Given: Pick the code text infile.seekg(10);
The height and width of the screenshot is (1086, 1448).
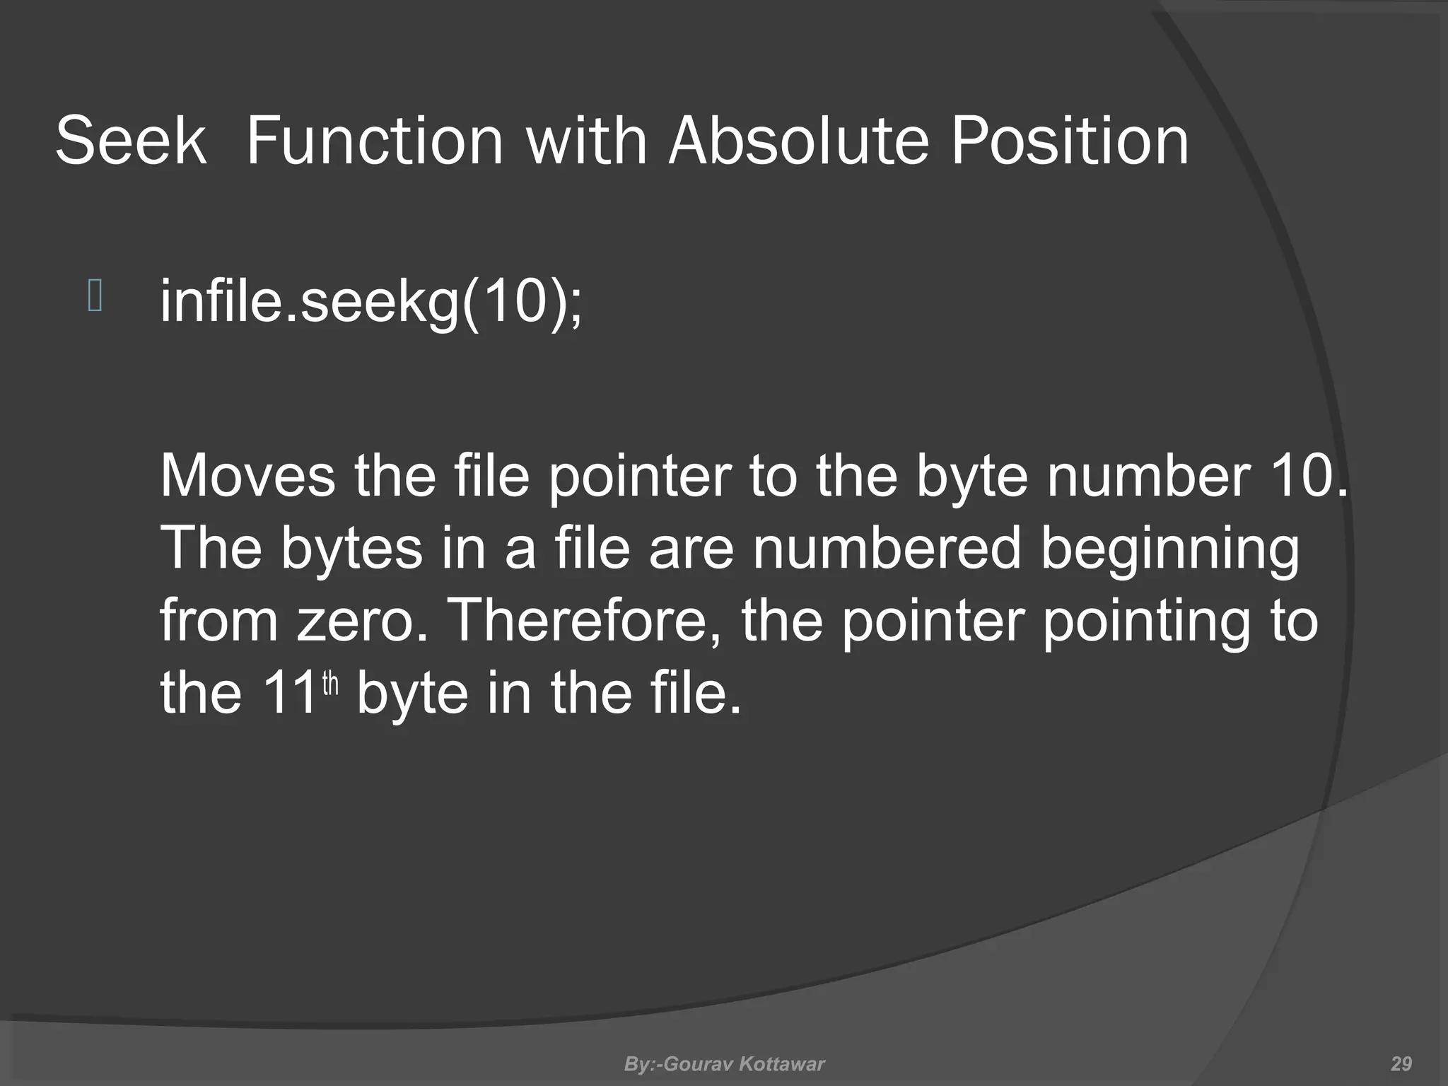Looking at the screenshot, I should click(372, 302).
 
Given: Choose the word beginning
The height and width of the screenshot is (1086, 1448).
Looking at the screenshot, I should click(1169, 550).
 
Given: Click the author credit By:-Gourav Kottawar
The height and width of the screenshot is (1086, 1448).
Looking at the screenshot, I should click(724, 1064).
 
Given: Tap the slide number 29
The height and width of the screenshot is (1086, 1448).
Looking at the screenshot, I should click(1401, 1064).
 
